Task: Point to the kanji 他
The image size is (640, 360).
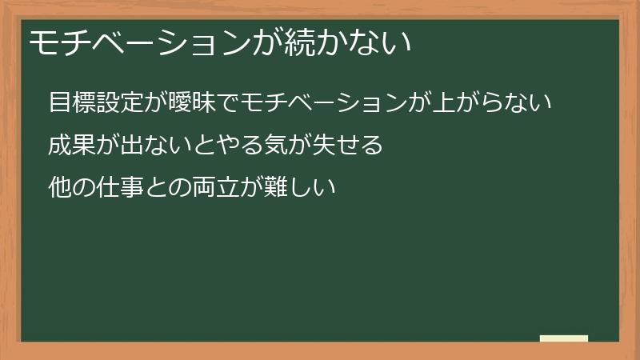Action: tap(59, 189)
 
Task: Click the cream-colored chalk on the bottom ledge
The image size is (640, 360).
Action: tap(564, 338)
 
